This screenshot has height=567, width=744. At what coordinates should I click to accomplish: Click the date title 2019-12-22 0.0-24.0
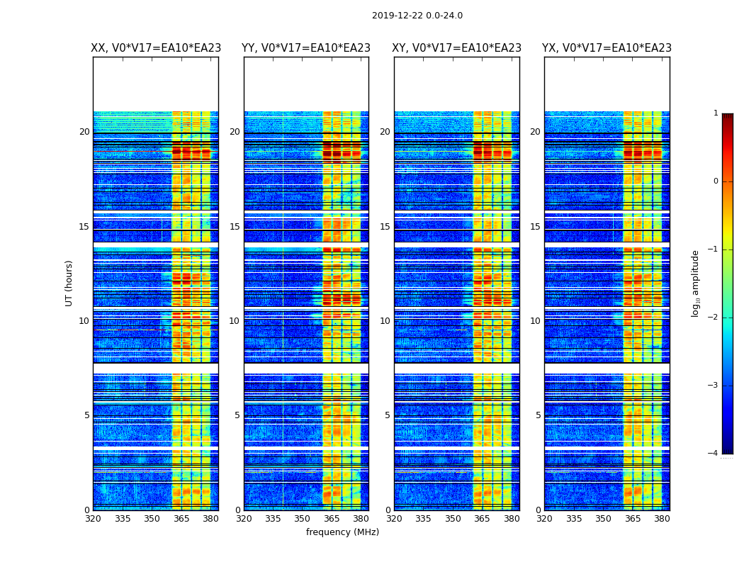pyautogui.click(x=417, y=16)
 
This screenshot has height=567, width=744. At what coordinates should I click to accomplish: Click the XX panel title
pyautogui.click(x=156, y=48)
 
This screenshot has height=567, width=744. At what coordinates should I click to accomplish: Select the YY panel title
pyautogui.click(x=306, y=48)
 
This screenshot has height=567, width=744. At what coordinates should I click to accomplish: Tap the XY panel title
pyautogui.click(x=457, y=48)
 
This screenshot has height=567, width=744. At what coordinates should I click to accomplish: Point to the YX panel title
pyautogui.click(x=607, y=48)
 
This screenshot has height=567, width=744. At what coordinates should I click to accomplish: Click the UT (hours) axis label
pyautogui.click(x=69, y=283)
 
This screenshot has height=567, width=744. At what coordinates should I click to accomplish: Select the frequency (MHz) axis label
pyautogui.click(x=342, y=532)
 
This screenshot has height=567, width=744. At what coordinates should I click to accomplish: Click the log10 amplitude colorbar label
pyautogui.click(x=696, y=283)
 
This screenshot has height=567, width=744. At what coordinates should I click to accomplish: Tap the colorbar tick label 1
pyautogui.click(x=715, y=113)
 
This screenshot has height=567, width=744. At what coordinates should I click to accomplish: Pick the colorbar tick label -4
pyautogui.click(x=714, y=454)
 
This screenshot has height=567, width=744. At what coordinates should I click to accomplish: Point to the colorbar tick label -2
pyautogui.click(x=714, y=318)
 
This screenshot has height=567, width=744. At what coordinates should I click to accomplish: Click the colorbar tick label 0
pyautogui.click(x=715, y=181)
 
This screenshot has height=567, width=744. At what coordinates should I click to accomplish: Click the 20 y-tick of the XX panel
pyautogui.click(x=84, y=132)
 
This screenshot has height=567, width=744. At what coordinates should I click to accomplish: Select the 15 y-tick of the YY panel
pyautogui.click(x=235, y=227)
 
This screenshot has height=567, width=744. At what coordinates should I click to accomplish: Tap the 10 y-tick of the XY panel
pyautogui.click(x=385, y=321)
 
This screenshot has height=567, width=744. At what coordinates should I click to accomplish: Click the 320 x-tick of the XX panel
pyautogui.click(x=93, y=519)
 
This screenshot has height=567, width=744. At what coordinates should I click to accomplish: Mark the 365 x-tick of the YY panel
pyautogui.click(x=332, y=519)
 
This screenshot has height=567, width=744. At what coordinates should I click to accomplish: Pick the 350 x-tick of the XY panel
pyautogui.click(x=453, y=519)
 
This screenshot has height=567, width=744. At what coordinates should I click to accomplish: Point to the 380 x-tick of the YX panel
pyautogui.click(x=662, y=519)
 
